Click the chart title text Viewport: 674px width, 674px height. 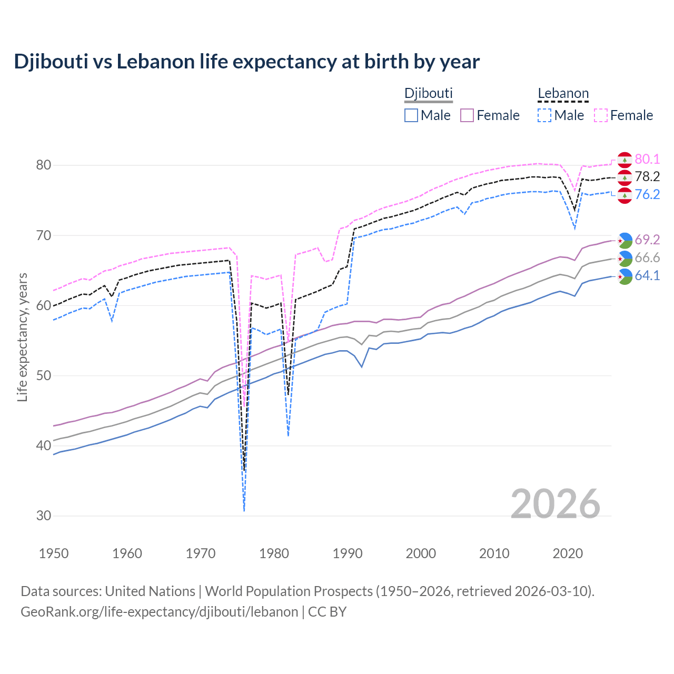[x=246, y=62]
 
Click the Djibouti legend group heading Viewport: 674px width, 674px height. [x=428, y=94]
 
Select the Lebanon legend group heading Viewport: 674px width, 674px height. [x=563, y=94]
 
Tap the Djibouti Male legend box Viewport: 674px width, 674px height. [x=411, y=115]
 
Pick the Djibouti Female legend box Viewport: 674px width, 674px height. [x=468, y=115]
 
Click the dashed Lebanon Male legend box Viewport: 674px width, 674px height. [x=544, y=115]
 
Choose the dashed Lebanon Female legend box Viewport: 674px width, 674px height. [x=601, y=115]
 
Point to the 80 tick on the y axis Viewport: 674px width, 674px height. [x=44, y=165]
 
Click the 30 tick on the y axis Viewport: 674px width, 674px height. [x=44, y=516]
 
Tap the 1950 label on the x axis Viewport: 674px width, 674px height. [x=54, y=553]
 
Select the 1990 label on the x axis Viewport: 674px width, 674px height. [x=348, y=553]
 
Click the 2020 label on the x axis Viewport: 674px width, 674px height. [x=568, y=553]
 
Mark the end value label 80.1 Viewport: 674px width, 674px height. [x=647, y=160]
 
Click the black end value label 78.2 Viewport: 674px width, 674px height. [x=647, y=177]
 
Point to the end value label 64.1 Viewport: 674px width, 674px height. [x=647, y=276]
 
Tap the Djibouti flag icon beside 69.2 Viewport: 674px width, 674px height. [x=625, y=240]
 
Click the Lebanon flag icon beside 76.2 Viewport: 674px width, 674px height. [x=625, y=195]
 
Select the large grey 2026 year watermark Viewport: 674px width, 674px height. [x=556, y=504]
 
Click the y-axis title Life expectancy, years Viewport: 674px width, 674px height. [x=22, y=337]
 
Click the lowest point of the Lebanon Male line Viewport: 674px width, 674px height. [x=244, y=511]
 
